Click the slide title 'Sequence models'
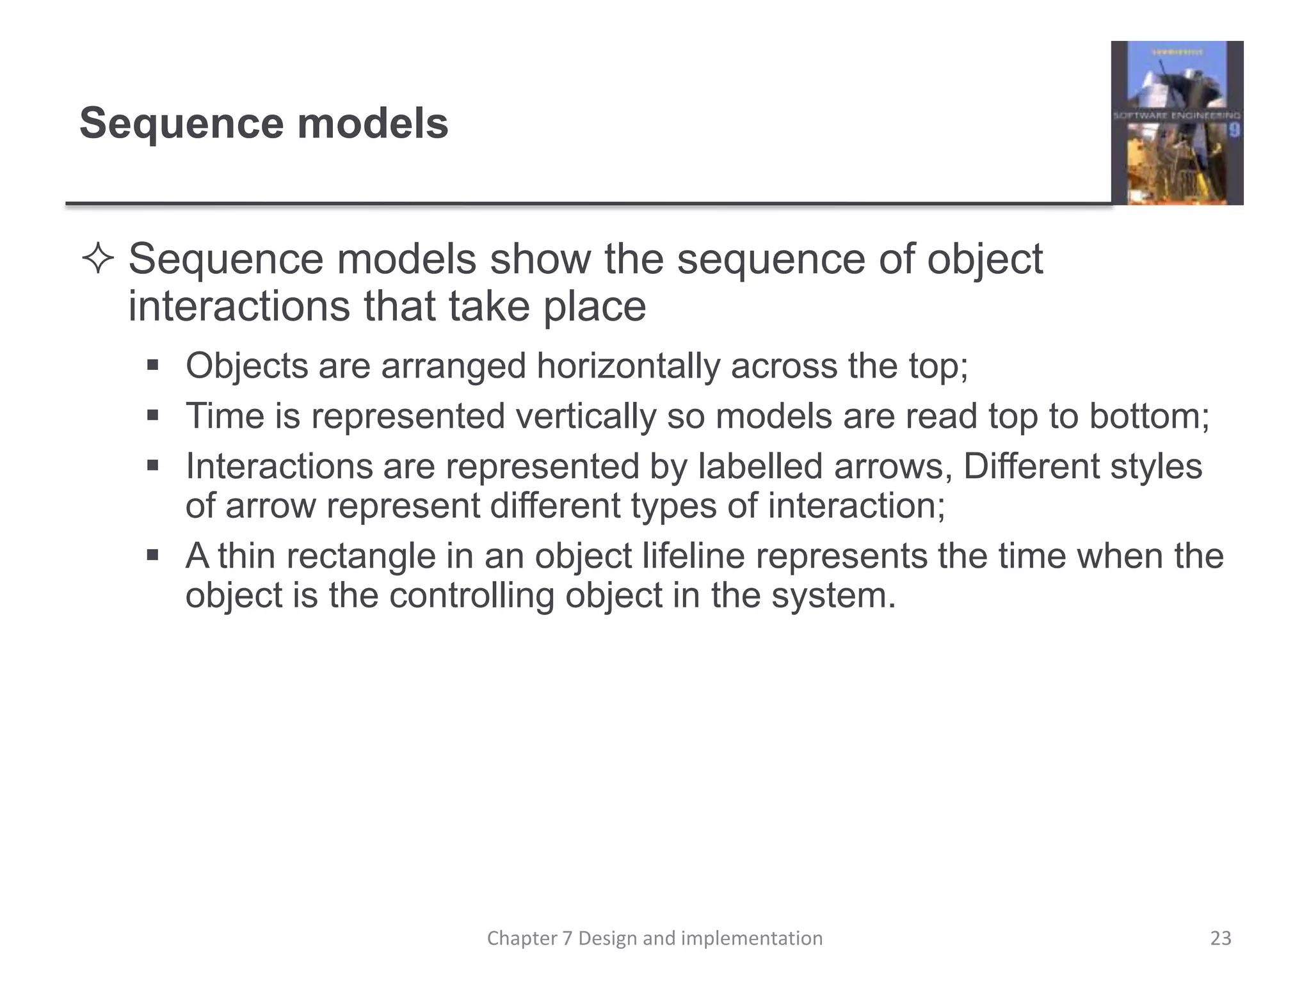point(264,123)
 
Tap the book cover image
point(1177,123)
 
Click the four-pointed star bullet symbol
point(98,260)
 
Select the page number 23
point(1221,938)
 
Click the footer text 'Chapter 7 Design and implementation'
point(654,938)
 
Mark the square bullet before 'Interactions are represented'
point(152,466)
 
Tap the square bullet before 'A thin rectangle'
point(152,555)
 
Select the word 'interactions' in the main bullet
point(239,307)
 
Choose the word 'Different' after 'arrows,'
point(1031,467)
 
